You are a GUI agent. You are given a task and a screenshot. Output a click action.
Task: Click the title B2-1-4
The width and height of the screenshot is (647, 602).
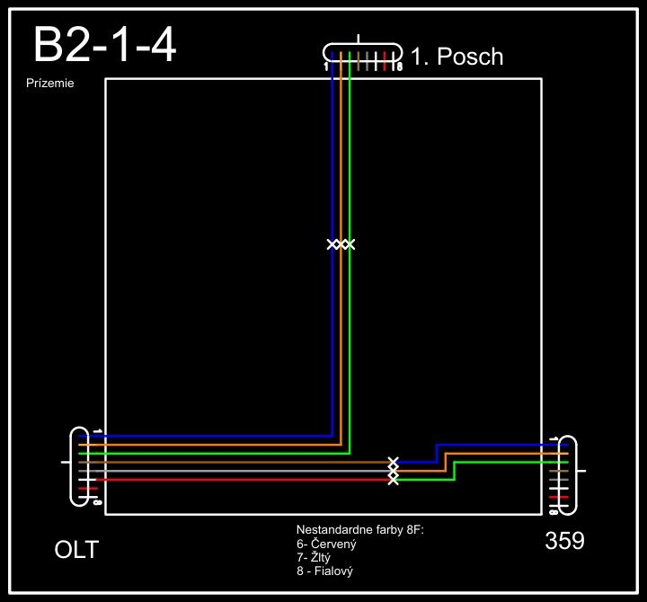(x=104, y=45)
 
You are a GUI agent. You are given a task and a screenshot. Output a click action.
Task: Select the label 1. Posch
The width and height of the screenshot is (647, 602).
(x=456, y=58)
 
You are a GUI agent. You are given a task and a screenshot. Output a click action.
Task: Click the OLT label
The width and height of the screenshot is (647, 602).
(x=76, y=549)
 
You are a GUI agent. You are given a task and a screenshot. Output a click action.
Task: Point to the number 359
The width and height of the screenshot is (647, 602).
(x=564, y=541)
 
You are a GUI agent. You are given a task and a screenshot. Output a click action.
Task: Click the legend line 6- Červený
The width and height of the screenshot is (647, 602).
(x=327, y=544)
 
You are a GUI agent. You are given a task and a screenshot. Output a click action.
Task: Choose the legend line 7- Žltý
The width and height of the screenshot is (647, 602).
(x=314, y=557)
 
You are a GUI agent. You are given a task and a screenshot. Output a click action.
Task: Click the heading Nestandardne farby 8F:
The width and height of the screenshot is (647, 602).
(x=359, y=531)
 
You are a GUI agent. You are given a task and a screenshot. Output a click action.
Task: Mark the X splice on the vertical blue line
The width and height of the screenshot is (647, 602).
(x=332, y=244)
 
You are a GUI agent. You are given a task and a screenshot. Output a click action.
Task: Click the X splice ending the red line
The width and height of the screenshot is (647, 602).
(x=393, y=480)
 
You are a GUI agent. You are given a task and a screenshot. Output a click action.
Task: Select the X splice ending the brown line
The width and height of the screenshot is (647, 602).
(x=393, y=462)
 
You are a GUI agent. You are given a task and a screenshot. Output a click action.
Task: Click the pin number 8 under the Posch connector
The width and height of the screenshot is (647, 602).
(x=399, y=67)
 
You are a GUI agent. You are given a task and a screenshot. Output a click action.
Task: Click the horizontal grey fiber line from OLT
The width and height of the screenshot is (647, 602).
(x=234, y=471)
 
